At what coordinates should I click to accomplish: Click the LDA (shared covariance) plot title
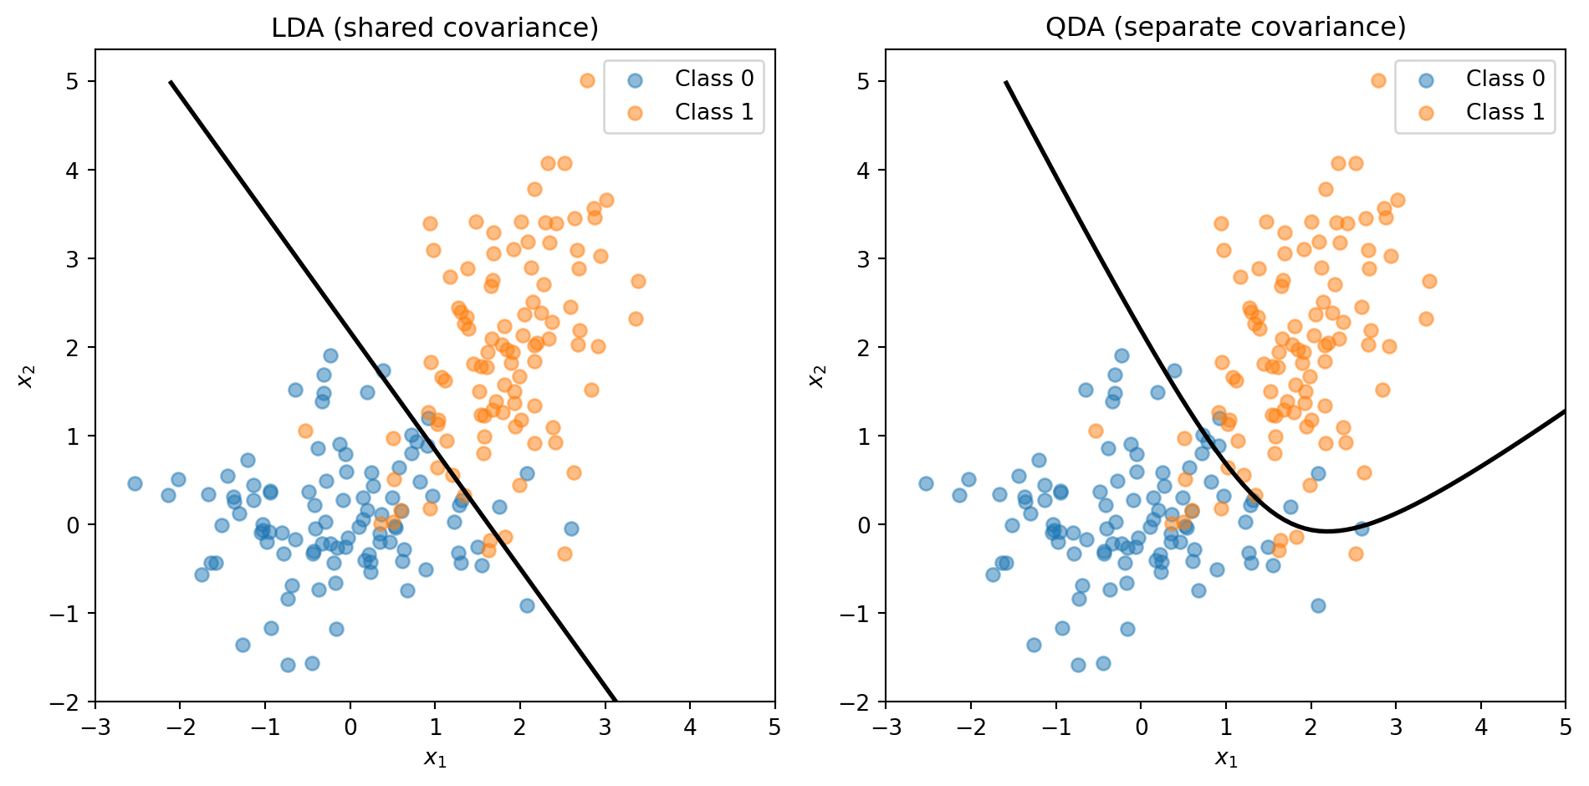pos(435,28)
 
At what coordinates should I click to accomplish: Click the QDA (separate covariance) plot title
pos(1225,28)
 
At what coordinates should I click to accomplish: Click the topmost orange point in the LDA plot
pos(587,81)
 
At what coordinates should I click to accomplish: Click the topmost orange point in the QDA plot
pos(1378,81)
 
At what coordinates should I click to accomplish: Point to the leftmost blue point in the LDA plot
pos(135,483)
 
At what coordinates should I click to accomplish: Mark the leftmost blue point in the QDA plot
pos(926,483)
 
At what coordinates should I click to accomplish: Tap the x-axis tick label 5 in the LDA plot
pos(774,727)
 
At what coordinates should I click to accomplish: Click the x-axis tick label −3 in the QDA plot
pos(886,727)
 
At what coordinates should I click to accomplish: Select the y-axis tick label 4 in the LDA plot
pos(74,171)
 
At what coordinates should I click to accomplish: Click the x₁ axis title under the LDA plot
pos(435,758)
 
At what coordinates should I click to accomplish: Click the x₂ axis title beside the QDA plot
pos(817,376)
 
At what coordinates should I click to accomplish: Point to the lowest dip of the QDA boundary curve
pos(1328,531)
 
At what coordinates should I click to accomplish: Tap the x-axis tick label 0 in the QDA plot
pos(1141,727)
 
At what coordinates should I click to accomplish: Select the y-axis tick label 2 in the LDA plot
pos(74,348)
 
